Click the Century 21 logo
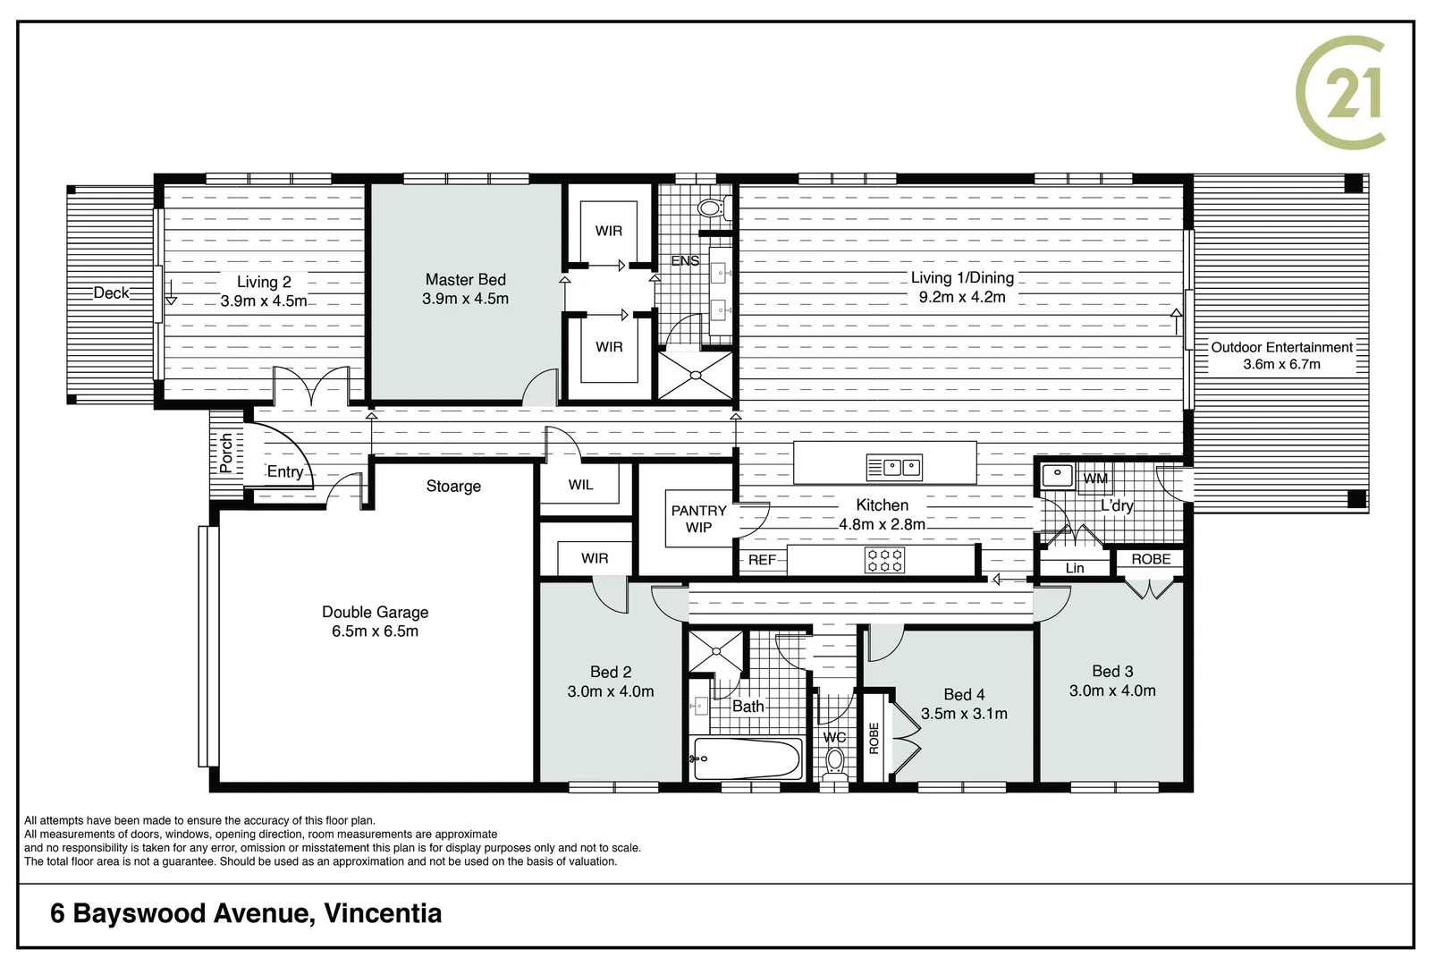coord(1339,93)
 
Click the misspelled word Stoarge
coord(453,487)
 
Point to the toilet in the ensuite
coord(712,208)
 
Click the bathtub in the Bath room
coord(748,758)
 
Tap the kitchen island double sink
coord(894,468)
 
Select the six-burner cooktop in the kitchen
coord(884,560)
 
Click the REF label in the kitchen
coord(762,560)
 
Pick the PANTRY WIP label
coord(698,519)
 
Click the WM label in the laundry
coord(1095,479)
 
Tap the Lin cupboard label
coord(1075,568)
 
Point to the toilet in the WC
coord(834,763)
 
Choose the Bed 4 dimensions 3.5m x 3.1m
coord(964,713)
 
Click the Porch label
coord(226,453)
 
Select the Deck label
coord(111,293)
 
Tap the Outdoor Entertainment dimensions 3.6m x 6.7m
coord(1281,364)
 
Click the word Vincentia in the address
coord(383,913)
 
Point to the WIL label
coord(581,485)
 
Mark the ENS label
coord(685,261)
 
